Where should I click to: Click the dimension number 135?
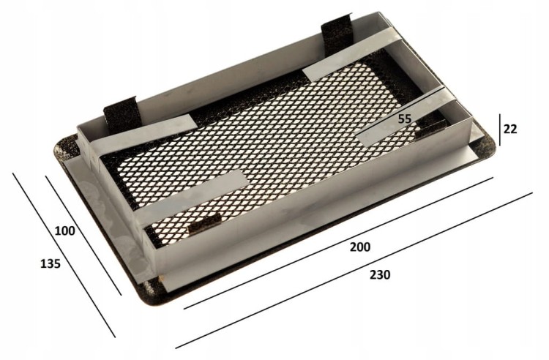pos(51,263)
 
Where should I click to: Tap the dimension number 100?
pos(64,231)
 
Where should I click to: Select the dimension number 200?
pos(360,247)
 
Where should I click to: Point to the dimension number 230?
pos(380,275)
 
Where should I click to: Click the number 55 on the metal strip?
pos(404,119)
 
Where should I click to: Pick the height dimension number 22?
pos(510,129)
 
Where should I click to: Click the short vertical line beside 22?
pos(500,130)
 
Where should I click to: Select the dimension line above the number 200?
pos(338,243)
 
